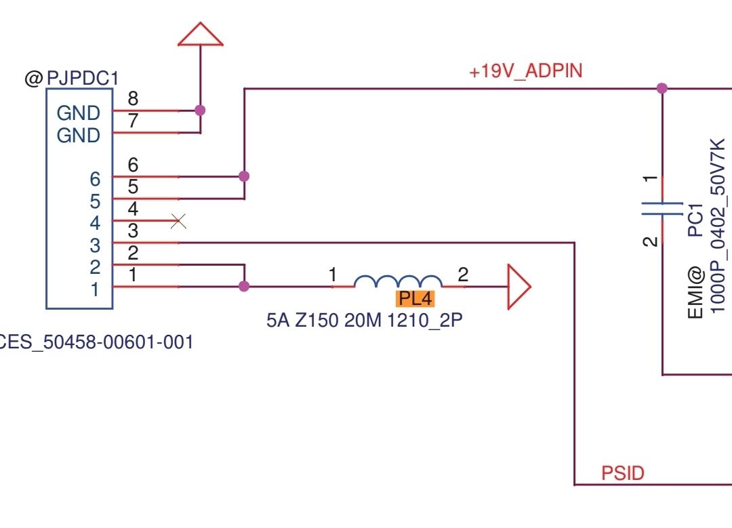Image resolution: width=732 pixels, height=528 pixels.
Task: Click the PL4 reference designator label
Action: point(415,299)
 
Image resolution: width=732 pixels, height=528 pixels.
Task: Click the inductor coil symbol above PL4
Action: point(398,281)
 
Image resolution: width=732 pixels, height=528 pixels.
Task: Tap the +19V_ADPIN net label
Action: point(526,71)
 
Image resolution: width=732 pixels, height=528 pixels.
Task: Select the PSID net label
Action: point(623,473)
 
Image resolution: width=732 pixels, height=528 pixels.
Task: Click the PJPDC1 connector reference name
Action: point(83,78)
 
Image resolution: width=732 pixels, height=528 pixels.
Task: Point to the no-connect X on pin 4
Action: point(178,221)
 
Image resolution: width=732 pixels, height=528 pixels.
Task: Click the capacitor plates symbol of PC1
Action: point(662,209)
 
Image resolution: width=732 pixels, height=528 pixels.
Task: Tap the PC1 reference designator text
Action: point(695,220)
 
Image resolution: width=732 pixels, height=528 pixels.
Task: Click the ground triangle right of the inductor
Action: point(519,287)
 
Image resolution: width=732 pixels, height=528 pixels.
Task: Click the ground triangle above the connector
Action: point(200,34)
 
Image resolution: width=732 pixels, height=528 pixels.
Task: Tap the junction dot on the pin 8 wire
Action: point(200,110)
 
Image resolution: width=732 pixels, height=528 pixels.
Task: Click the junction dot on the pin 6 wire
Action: point(244,176)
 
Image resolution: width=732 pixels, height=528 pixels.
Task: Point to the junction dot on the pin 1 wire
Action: point(244,286)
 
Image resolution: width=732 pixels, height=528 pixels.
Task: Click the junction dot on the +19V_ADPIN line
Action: point(662,87)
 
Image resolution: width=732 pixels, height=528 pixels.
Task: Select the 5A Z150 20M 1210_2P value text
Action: point(365,320)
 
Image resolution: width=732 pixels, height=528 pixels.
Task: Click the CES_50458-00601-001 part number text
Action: point(96,342)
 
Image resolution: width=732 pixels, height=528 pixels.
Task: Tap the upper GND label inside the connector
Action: point(79,113)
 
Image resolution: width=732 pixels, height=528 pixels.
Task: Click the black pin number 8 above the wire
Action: point(133,98)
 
